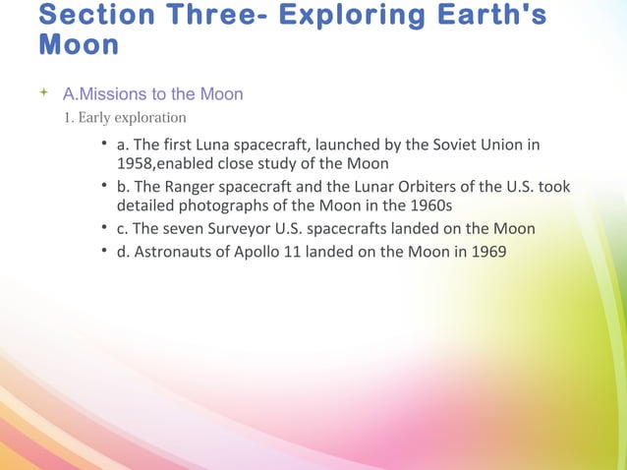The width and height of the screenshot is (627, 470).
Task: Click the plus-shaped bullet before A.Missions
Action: [42, 93]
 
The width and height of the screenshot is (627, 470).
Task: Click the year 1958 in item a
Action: [136, 164]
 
